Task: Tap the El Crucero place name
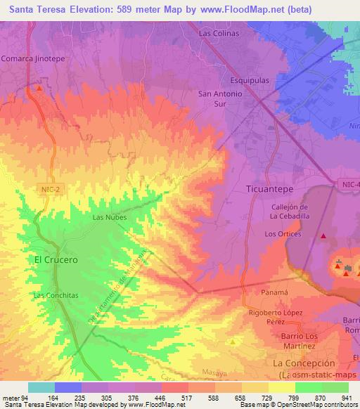pos(54,259)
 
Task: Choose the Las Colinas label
pos(219,33)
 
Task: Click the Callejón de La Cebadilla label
pos(290,211)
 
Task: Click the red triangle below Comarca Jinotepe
pos(40,89)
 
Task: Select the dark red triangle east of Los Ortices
pos(323,237)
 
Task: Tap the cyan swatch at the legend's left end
pos(41,387)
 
